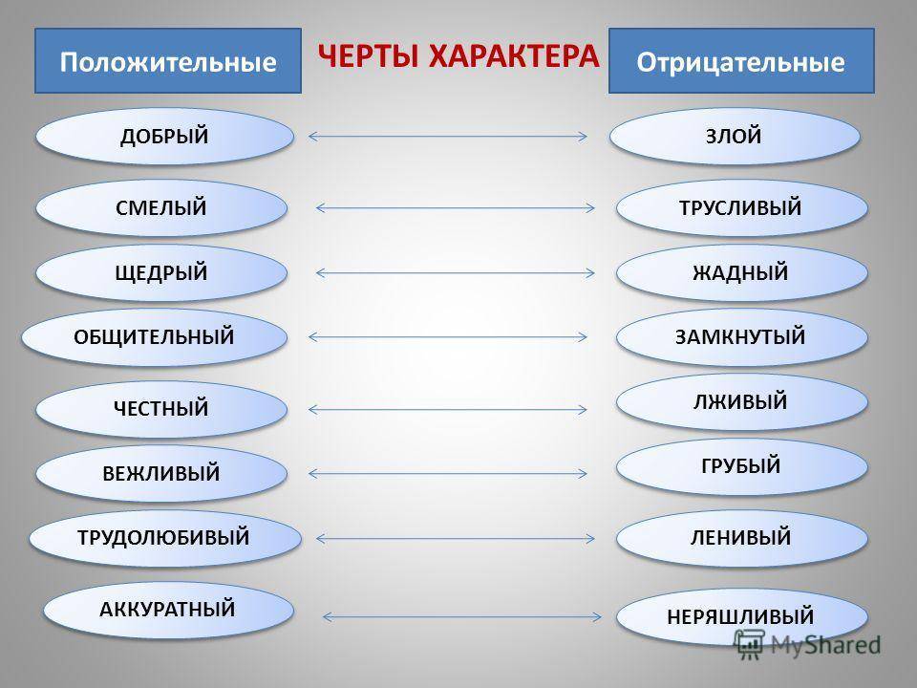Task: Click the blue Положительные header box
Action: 168,60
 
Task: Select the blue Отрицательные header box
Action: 741,60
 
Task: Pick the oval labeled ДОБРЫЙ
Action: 164,137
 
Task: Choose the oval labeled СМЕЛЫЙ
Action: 162,207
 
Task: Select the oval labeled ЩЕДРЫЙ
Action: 162,272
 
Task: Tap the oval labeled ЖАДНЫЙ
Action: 742,273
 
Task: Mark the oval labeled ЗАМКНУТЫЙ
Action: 742,337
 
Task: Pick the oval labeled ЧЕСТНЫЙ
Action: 162,410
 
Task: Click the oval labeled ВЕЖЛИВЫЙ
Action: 162,473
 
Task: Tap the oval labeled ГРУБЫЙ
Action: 742,466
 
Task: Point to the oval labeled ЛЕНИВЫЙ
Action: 742,538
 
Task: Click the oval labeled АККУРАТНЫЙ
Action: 169,609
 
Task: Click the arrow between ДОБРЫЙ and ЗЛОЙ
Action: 448,136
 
